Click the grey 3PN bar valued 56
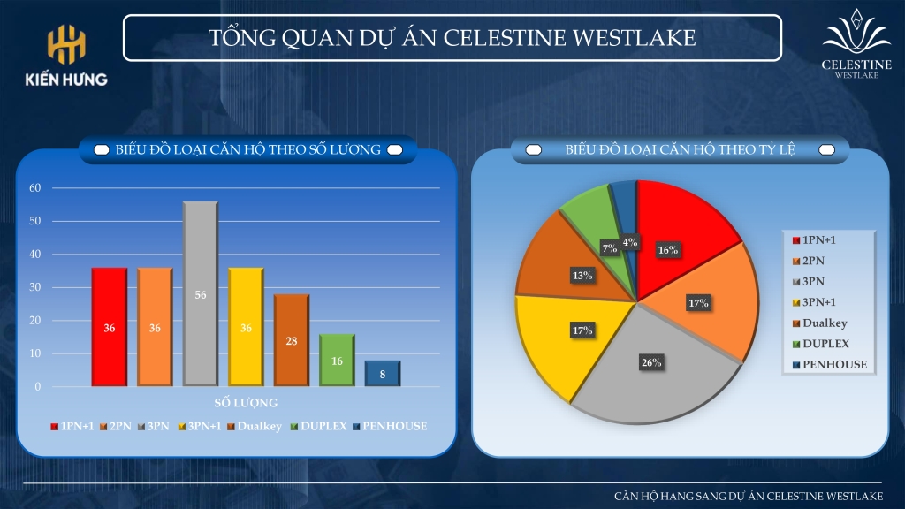(x=201, y=293)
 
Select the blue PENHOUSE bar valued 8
(x=383, y=373)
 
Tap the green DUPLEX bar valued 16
(x=337, y=360)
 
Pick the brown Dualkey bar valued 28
(x=291, y=340)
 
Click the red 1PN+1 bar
(x=109, y=326)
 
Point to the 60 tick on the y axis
(x=35, y=188)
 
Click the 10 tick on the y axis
(x=35, y=353)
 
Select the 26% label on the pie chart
(x=651, y=362)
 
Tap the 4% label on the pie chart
(x=629, y=242)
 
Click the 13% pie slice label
(x=582, y=276)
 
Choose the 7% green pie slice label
(x=609, y=249)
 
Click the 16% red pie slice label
(x=667, y=250)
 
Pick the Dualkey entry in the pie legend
(x=825, y=323)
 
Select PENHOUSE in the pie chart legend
(x=834, y=364)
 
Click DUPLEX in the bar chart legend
(x=323, y=426)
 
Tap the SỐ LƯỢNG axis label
(x=247, y=403)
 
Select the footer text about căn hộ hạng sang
(x=748, y=496)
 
